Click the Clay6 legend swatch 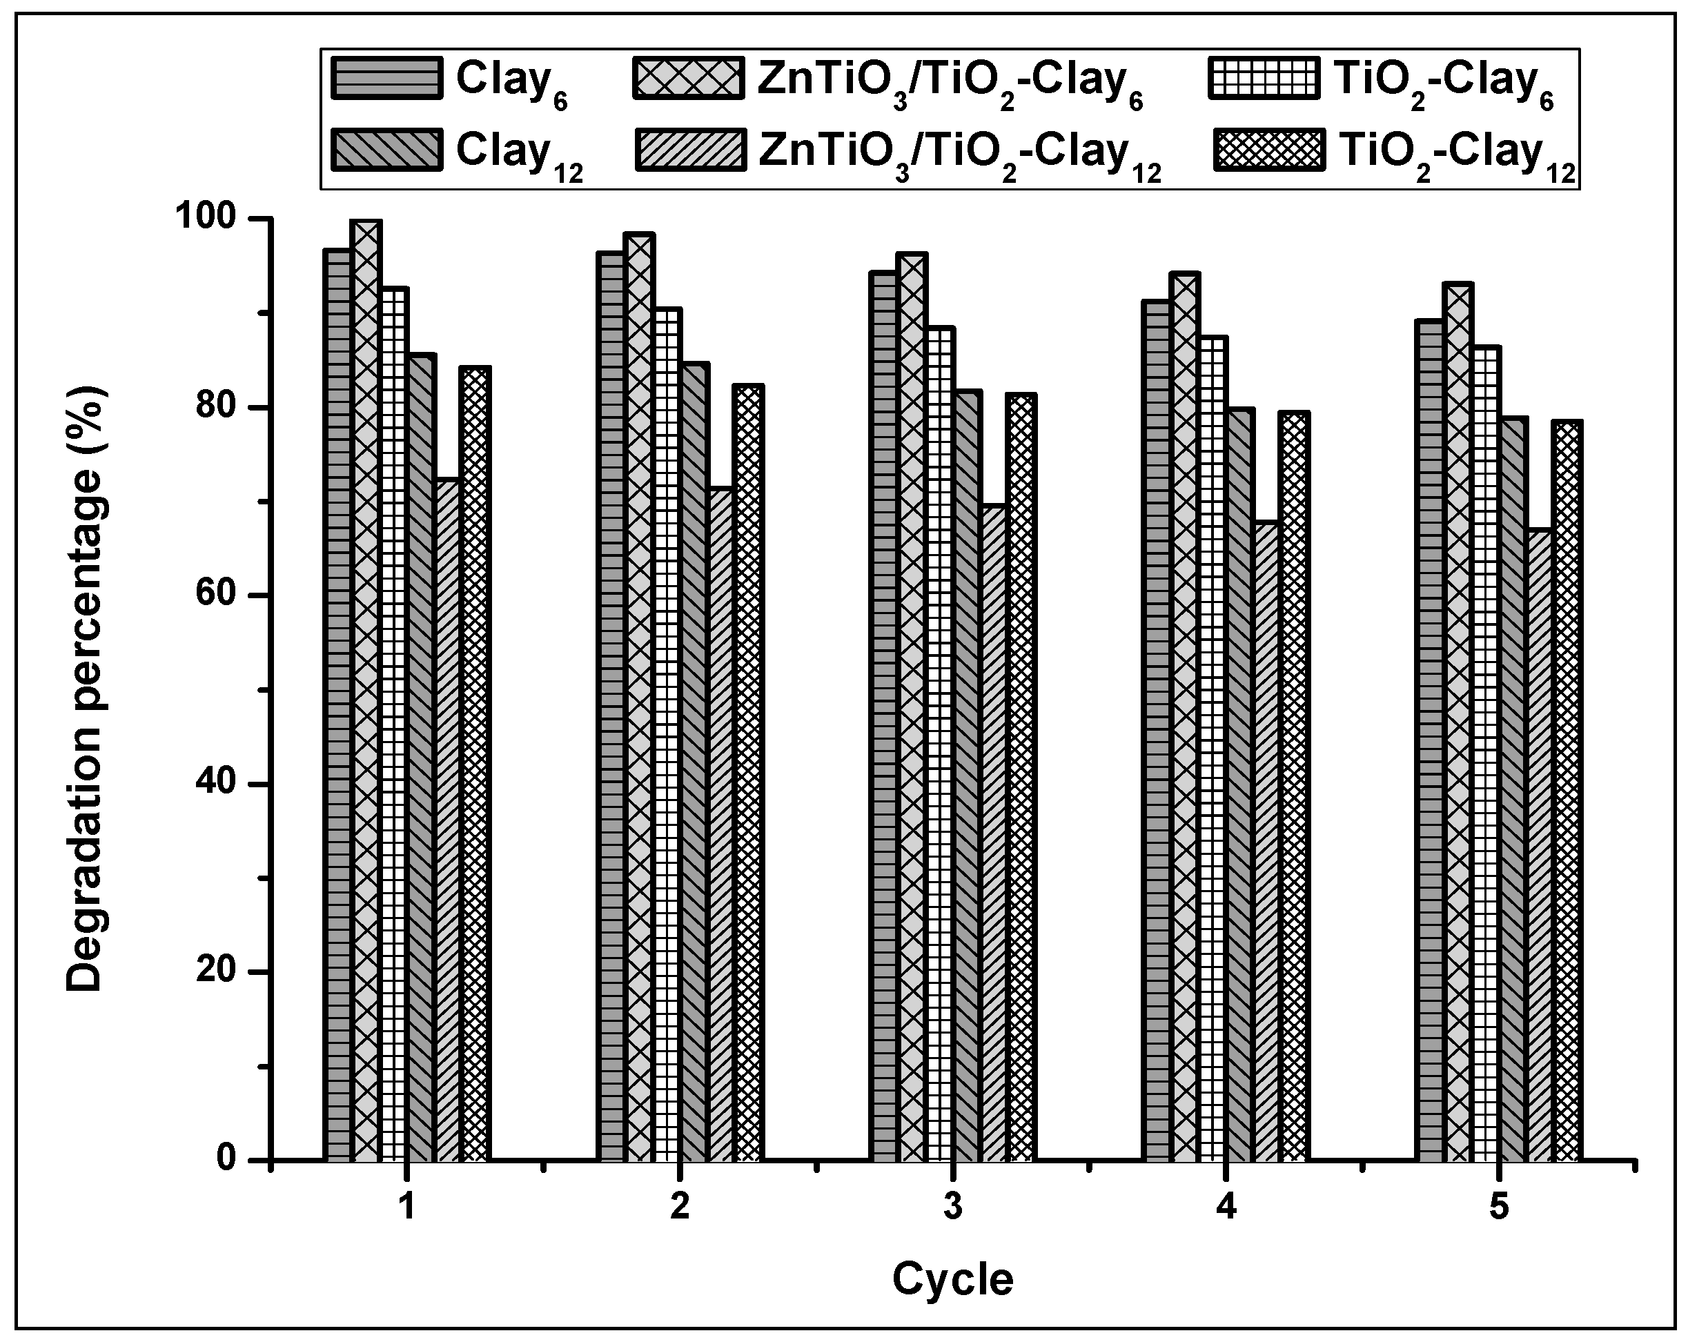(386, 78)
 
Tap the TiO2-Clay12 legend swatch (1270, 150)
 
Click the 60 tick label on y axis (216, 595)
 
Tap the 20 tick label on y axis (216, 971)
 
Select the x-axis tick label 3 (952, 1207)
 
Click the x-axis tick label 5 (1498, 1207)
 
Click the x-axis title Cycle (952, 1279)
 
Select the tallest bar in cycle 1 (366, 689)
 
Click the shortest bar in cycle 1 (448, 818)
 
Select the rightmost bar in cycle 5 (1567, 791)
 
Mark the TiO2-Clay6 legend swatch (1264, 78)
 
